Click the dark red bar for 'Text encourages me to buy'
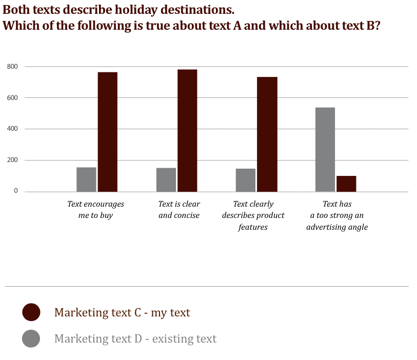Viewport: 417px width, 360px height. coord(108,132)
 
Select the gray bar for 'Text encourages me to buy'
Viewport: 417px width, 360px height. coord(86,179)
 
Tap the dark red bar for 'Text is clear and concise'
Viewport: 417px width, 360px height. coord(187,130)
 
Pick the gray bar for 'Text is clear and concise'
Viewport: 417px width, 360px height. coord(166,179)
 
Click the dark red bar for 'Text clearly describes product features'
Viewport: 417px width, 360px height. coord(267,134)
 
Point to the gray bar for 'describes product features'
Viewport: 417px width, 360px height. coord(246,180)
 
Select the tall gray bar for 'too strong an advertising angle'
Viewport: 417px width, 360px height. coord(325,149)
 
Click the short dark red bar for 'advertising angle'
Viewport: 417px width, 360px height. coord(346,184)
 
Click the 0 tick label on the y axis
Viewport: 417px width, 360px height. coord(16,191)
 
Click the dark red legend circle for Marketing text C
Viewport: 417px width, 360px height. coord(31,312)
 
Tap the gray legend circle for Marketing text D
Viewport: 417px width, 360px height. coord(31,338)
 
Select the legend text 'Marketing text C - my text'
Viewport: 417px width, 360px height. coord(122,312)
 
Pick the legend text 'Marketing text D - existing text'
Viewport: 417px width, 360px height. coord(135,339)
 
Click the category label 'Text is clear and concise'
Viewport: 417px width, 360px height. coord(179,210)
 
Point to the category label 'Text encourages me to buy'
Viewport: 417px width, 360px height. coord(96,210)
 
